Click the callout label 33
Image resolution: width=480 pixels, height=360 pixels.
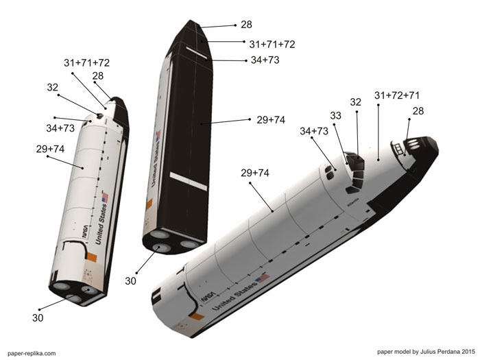[x=335, y=116]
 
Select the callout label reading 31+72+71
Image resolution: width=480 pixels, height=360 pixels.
[x=398, y=95]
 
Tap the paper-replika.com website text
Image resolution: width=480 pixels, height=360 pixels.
[x=31, y=353]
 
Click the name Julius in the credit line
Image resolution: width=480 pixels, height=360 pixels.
[x=427, y=352]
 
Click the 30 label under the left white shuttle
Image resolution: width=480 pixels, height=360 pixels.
[x=40, y=317]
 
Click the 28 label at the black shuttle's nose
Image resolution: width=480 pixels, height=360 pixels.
[x=246, y=25]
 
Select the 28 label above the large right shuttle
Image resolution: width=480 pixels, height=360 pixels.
[x=418, y=111]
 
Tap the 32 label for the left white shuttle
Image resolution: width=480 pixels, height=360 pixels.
[x=53, y=88]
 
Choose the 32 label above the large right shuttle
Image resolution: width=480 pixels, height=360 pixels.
[x=355, y=102]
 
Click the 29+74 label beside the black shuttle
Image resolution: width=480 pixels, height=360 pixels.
[x=271, y=119]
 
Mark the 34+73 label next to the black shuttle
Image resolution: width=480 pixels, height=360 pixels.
[x=265, y=60]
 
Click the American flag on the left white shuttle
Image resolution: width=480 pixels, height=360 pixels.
[x=105, y=197]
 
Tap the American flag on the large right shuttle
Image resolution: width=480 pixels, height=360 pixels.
[x=262, y=278]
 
